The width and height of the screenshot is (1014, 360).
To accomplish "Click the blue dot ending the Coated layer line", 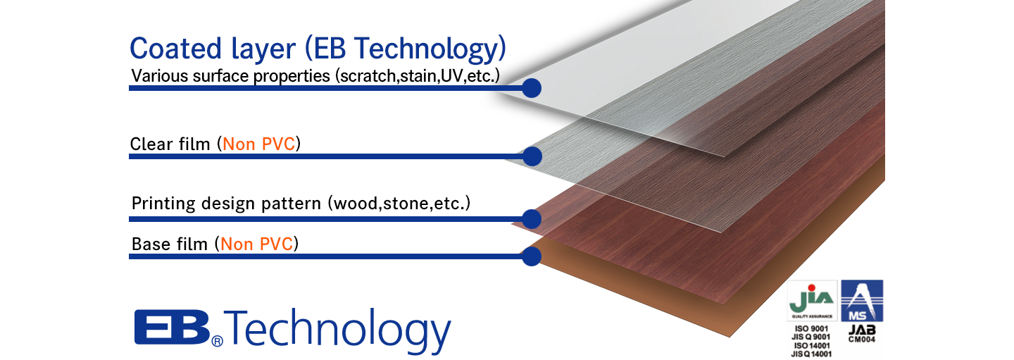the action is pyautogui.click(x=532, y=88).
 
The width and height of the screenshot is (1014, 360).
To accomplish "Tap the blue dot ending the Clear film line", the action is pyautogui.click(x=532, y=156).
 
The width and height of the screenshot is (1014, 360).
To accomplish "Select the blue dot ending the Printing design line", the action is pyautogui.click(x=532, y=219).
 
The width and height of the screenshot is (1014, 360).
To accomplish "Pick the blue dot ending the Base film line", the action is pyautogui.click(x=532, y=256).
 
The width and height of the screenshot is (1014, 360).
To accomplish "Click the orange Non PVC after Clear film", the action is pyautogui.click(x=259, y=144).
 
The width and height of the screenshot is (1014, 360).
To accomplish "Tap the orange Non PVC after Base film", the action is pyautogui.click(x=257, y=244).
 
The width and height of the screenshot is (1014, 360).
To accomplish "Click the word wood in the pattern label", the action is pyautogui.click(x=356, y=204).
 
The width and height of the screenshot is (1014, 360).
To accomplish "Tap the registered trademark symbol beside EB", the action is pyautogui.click(x=218, y=340).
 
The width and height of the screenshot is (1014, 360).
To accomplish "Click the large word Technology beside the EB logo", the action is pyautogui.click(x=337, y=330).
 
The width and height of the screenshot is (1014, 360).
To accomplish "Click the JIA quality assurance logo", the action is pyautogui.click(x=812, y=301).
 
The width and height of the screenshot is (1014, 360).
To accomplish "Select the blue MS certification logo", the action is pyautogui.click(x=862, y=301).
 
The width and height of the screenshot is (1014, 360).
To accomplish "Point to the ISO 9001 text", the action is pyautogui.click(x=811, y=329).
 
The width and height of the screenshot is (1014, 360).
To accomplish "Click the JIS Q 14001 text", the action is pyautogui.click(x=811, y=354).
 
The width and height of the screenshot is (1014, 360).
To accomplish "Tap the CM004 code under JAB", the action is pyautogui.click(x=862, y=340).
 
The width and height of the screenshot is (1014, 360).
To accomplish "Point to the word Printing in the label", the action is pyautogui.click(x=163, y=204).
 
